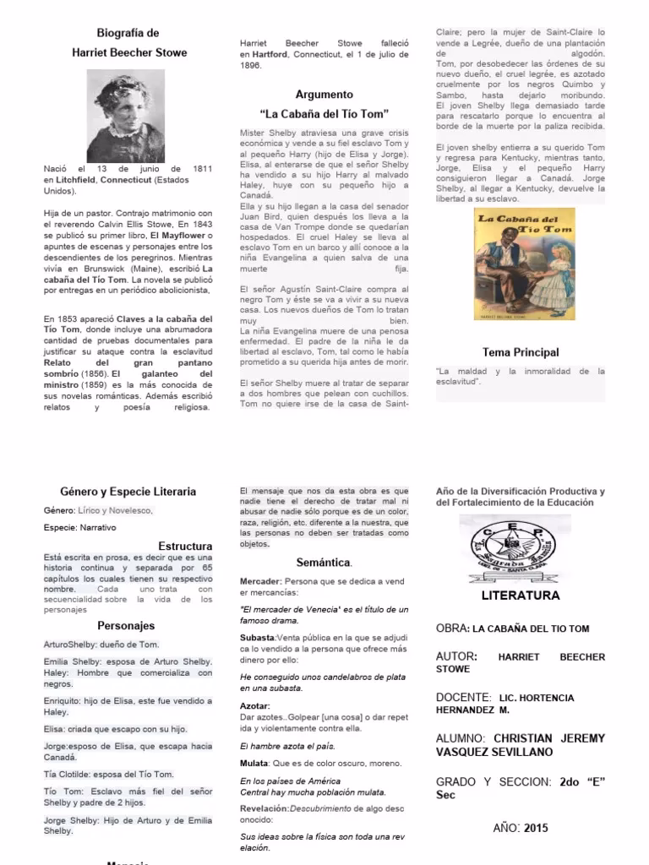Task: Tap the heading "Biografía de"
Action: point(128,33)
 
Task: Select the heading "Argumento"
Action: point(324,95)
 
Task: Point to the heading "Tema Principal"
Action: point(521,352)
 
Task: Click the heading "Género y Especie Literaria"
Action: point(128,491)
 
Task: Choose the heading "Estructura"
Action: point(185,546)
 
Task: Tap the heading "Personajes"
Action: point(126,626)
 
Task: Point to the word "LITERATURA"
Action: point(521,596)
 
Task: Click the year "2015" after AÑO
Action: point(536,828)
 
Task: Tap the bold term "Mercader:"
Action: point(260,582)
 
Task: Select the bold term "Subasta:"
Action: point(259,637)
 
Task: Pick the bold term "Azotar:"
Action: point(255,705)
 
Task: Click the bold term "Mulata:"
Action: point(256,763)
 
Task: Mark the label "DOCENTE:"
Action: point(464,697)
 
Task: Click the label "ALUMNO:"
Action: point(461,737)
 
